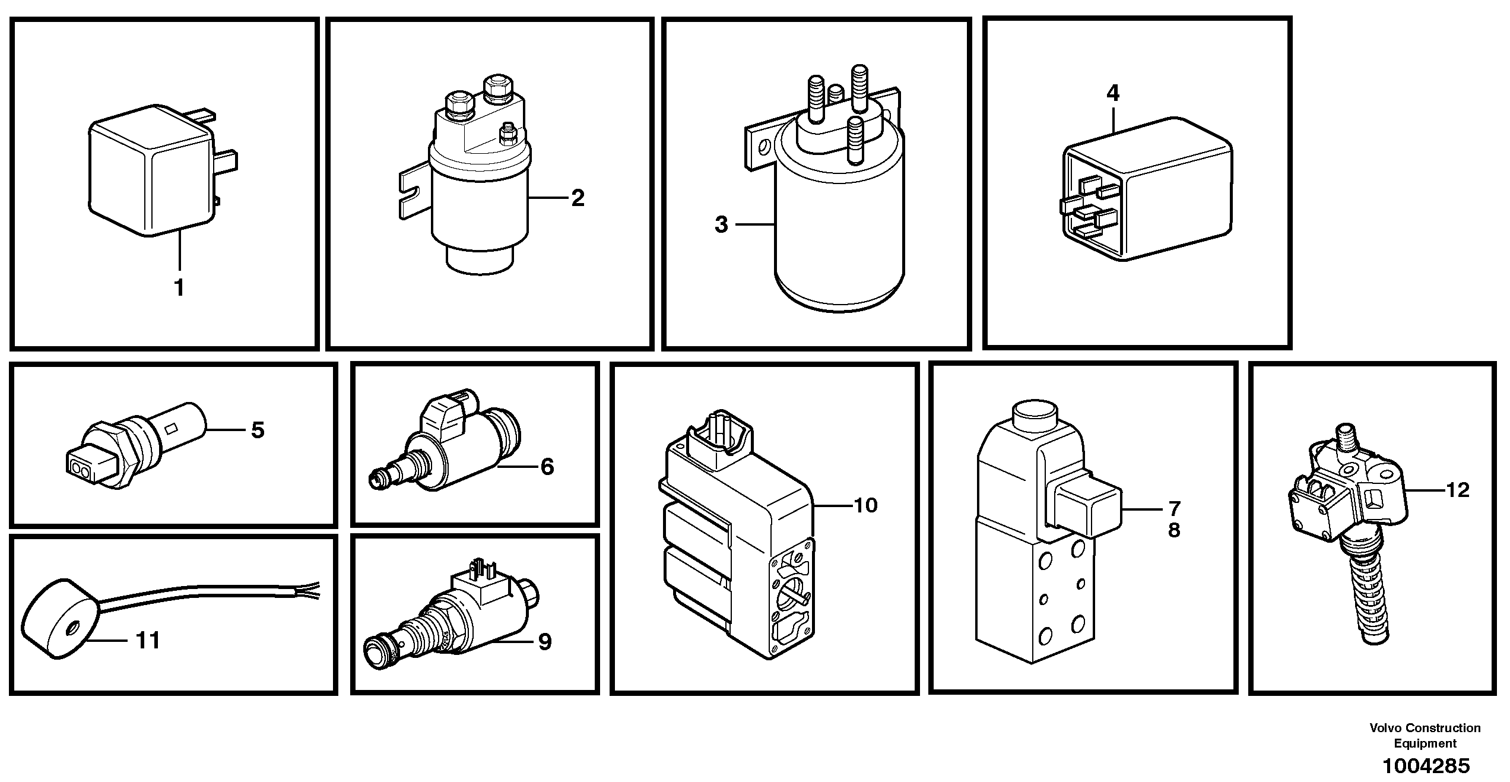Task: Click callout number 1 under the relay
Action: point(179,288)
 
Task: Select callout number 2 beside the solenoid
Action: point(578,198)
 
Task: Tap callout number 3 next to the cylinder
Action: point(721,225)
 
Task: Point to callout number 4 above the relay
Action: point(1113,93)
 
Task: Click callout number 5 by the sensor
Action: point(257,430)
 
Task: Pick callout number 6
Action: point(547,467)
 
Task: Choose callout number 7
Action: point(1174,509)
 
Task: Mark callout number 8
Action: point(1174,530)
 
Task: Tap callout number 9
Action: point(544,641)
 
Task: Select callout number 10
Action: point(865,505)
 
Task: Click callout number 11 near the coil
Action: point(148,641)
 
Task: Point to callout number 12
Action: point(1457,490)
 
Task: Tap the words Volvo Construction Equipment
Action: point(1425,735)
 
